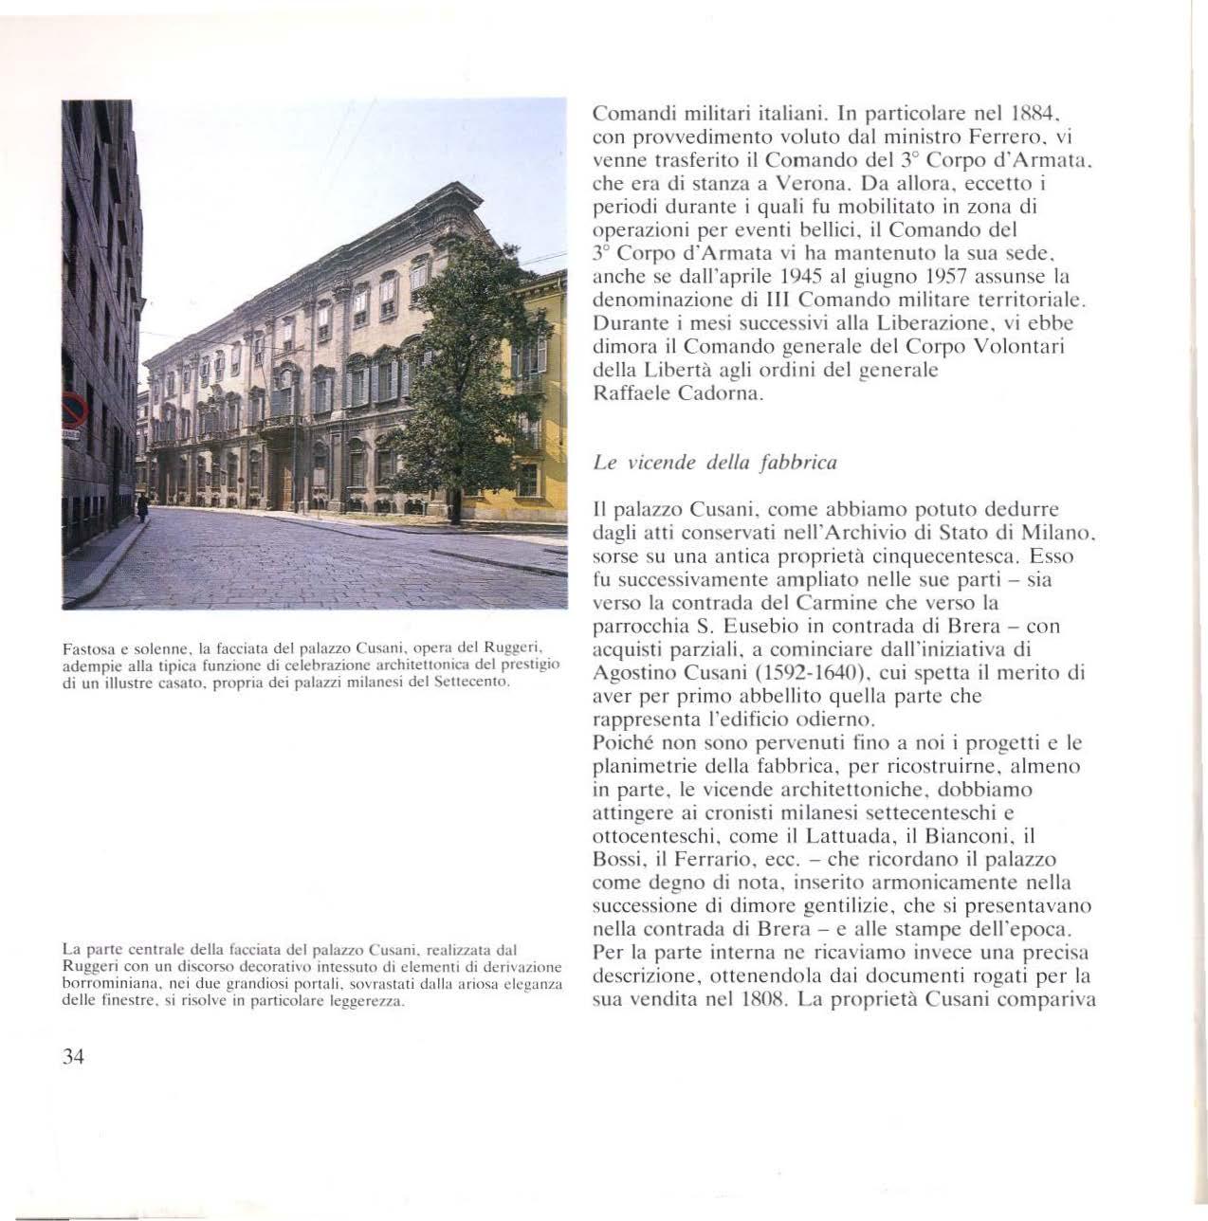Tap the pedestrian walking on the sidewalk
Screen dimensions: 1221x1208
tap(142, 508)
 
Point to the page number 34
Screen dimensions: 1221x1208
tap(73, 1058)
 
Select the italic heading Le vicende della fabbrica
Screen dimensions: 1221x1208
tap(714, 463)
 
